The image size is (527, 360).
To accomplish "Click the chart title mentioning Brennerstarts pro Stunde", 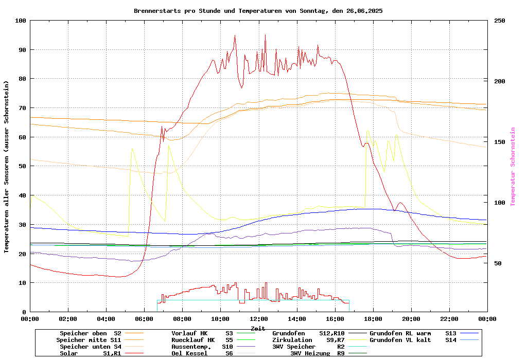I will point(258,11).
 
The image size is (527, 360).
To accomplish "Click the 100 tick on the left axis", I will point(21,21).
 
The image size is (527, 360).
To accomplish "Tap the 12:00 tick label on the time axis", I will point(258,319).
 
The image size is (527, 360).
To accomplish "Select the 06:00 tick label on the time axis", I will point(144,319).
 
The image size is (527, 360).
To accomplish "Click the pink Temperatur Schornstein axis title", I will point(513,167).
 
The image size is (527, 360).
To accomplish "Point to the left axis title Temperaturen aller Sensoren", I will point(6,167).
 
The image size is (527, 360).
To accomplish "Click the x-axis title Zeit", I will point(258,328).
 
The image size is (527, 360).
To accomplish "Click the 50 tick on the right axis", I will point(498,263).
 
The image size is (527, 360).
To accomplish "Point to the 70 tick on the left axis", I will point(22,108).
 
